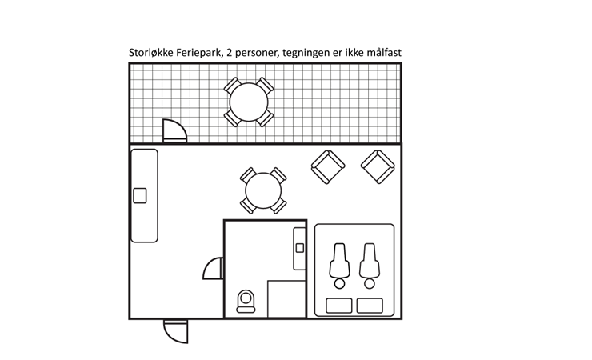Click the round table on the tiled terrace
coord(249,102)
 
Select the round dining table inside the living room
coord(263,191)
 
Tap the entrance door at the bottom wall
coord(176,330)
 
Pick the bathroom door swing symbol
coord(214,269)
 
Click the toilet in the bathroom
coord(246,300)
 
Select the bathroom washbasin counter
coord(300,247)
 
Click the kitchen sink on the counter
coord(140,194)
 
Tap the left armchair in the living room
coord(327,167)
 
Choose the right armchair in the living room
coord(378,166)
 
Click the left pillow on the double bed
coord(339,306)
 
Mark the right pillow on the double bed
coord(370,306)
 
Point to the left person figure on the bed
coord(339,264)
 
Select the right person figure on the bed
coord(370,264)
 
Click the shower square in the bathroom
coord(286,298)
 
